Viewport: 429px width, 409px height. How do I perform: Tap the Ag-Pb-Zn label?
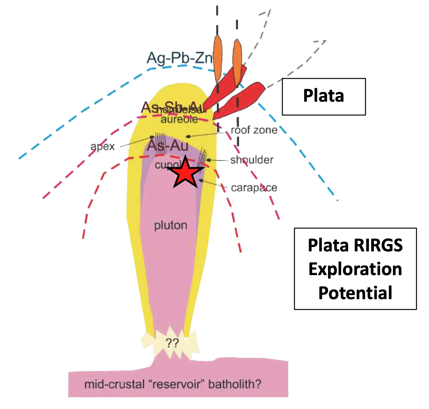tap(179, 58)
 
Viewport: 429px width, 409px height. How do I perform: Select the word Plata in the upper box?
tap(323, 96)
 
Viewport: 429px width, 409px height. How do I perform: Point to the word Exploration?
tap(355, 269)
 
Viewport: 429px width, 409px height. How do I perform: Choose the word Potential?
tap(355, 293)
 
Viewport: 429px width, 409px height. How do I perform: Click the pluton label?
tap(171, 225)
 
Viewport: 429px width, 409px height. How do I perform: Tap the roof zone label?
tap(254, 130)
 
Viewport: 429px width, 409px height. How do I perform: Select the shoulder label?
tap(252, 160)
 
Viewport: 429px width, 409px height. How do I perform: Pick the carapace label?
tap(254, 188)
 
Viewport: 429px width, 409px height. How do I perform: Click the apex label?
tap(102, 146)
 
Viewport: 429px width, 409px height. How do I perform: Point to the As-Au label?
tap(167, 145)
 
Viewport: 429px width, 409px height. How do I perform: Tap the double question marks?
tap(172, 343)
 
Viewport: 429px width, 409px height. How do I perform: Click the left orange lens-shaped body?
tap(217, 59)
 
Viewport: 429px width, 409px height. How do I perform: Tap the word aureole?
tap(179, 119)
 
